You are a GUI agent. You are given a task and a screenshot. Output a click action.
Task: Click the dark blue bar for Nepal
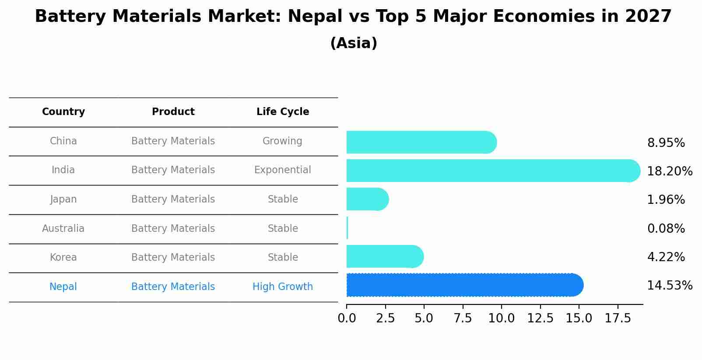click(464, 285)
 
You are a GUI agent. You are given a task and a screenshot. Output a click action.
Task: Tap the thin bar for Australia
click(347, 228)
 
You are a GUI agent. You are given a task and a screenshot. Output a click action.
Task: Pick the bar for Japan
click(367, 199)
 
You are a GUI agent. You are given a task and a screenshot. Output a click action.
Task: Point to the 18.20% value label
click(669, 171)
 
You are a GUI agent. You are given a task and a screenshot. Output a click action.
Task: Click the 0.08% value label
click(666, 228)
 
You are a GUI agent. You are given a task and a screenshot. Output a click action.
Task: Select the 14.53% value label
click(669, 286)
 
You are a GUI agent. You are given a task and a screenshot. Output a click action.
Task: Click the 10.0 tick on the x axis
click(501, 318)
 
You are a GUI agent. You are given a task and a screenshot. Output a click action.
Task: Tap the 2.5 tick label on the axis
click(385, 318)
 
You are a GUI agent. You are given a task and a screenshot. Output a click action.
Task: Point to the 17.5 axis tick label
click(618, 318)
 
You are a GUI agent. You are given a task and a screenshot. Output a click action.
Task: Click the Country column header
click(63, 112)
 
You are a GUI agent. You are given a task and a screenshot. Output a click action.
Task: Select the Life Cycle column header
click(283, 112)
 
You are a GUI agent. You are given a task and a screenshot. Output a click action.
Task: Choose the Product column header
click(173, 112)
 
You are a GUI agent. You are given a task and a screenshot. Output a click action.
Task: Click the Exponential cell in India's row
click(283, 170)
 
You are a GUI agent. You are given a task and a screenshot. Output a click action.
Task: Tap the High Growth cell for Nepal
click(283, 287)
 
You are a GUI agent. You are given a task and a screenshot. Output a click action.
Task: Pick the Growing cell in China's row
click(282, 141)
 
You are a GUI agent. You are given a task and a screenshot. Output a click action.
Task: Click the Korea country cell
click(63, 257)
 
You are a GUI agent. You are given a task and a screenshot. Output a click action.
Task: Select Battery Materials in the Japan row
click(173, 199)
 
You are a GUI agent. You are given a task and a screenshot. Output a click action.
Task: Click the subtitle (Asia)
click(354, 43)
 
